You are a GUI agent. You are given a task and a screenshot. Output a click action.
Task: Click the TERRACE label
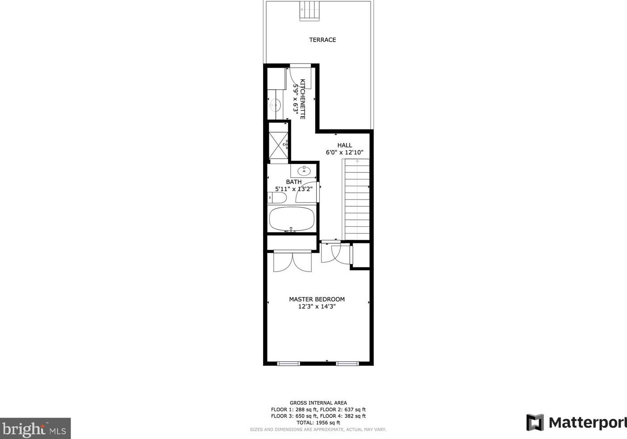[x=322, y=40]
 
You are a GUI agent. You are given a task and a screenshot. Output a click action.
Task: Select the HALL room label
[x=345, y=145]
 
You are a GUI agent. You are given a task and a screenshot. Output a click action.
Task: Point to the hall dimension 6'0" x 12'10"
[x=345, y=152]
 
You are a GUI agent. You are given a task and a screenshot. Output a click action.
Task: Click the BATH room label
[x=294, y=182]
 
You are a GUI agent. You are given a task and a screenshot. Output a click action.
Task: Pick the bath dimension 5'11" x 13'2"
[x=293, y=189]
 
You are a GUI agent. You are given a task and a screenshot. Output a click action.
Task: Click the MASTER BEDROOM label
[x=317, y=299]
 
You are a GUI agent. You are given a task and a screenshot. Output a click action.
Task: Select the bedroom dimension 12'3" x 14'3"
[x=317, y=306]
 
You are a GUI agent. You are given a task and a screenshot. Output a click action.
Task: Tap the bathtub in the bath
[x=292, y=219]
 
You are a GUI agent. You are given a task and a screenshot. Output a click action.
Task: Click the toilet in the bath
[x=278, y=198]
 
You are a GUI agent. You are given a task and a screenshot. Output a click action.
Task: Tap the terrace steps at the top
[x=309, y=10]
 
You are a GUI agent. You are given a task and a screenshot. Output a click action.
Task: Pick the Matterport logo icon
[x=535, y=422]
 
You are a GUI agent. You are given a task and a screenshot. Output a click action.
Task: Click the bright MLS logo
[x=35, y=429]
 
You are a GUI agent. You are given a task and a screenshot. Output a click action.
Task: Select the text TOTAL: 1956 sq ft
[x=318, y=422]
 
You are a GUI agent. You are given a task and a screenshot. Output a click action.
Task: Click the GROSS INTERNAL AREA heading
[x=318, y=403]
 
